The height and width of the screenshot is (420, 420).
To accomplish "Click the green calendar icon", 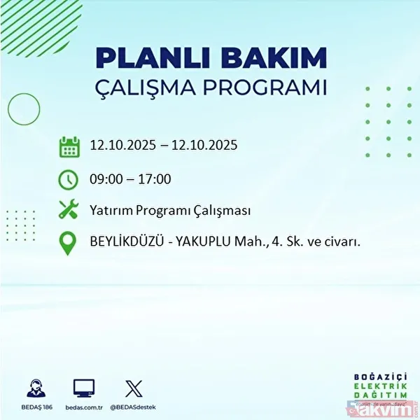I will [x=69, y=148].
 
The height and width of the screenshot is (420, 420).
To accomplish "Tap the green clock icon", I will [x=69, y=179].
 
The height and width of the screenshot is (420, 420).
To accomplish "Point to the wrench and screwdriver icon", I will [x=69, y=209].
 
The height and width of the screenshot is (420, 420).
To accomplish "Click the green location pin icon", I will [x=69, y=242].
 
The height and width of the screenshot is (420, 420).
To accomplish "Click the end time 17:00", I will [x=154, y=179].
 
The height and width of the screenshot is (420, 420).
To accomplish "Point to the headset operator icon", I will [x=36, y=388].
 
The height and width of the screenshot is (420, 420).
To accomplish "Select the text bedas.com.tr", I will [x=85, y=407].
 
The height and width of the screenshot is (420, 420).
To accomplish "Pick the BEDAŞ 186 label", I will [x=36, y=407].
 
